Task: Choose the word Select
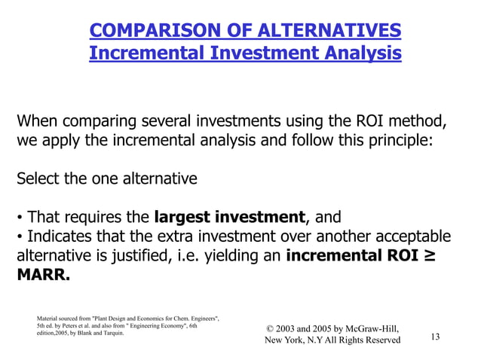[38, 179]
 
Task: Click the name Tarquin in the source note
[109, 332]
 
